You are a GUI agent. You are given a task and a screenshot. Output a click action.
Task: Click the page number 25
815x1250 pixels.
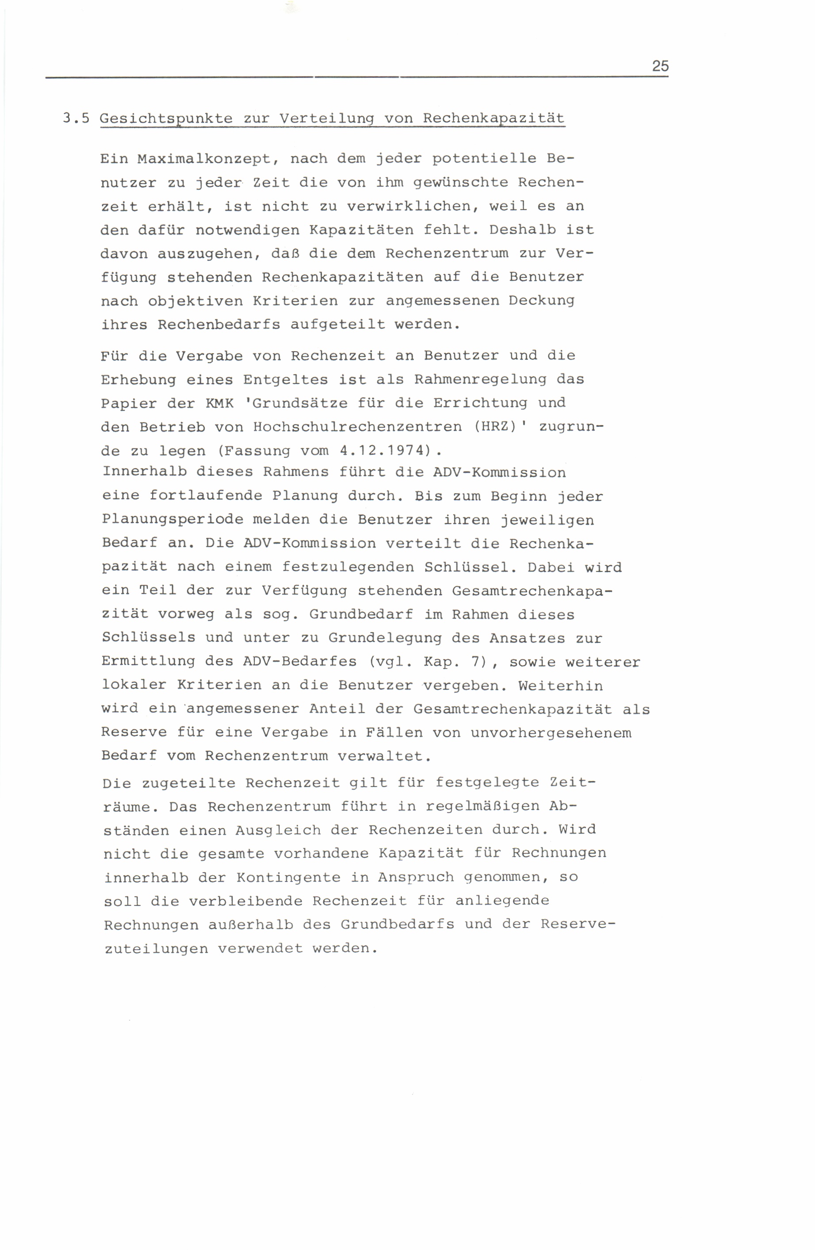(660, 66)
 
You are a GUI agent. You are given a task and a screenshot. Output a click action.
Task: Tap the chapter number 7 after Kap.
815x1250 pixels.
(476, 662)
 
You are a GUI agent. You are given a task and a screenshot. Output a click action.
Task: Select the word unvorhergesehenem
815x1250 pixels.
(550, 732)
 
